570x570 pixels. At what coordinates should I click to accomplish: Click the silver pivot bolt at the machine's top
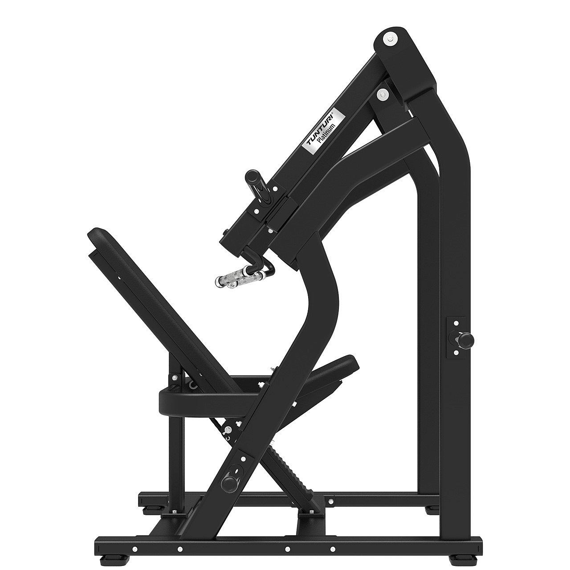pyautogui.click(x=391, y=38)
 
